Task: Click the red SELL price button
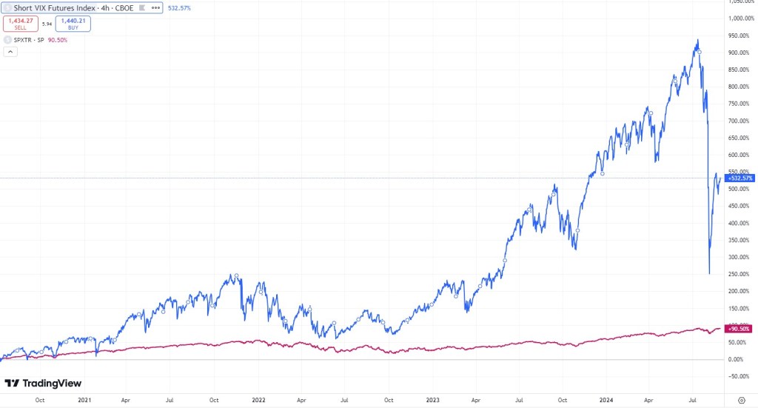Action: click(x=20, y=24)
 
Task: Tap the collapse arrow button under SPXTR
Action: click(x=10, y=52)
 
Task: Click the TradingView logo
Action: click(x=43, y=383)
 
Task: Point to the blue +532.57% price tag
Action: click(x=739, y=178)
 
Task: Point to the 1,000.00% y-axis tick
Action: click(x=740, y=19)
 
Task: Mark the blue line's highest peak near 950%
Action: click(x=697, y=40)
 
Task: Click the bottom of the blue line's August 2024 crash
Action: click(x=709, y=274)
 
